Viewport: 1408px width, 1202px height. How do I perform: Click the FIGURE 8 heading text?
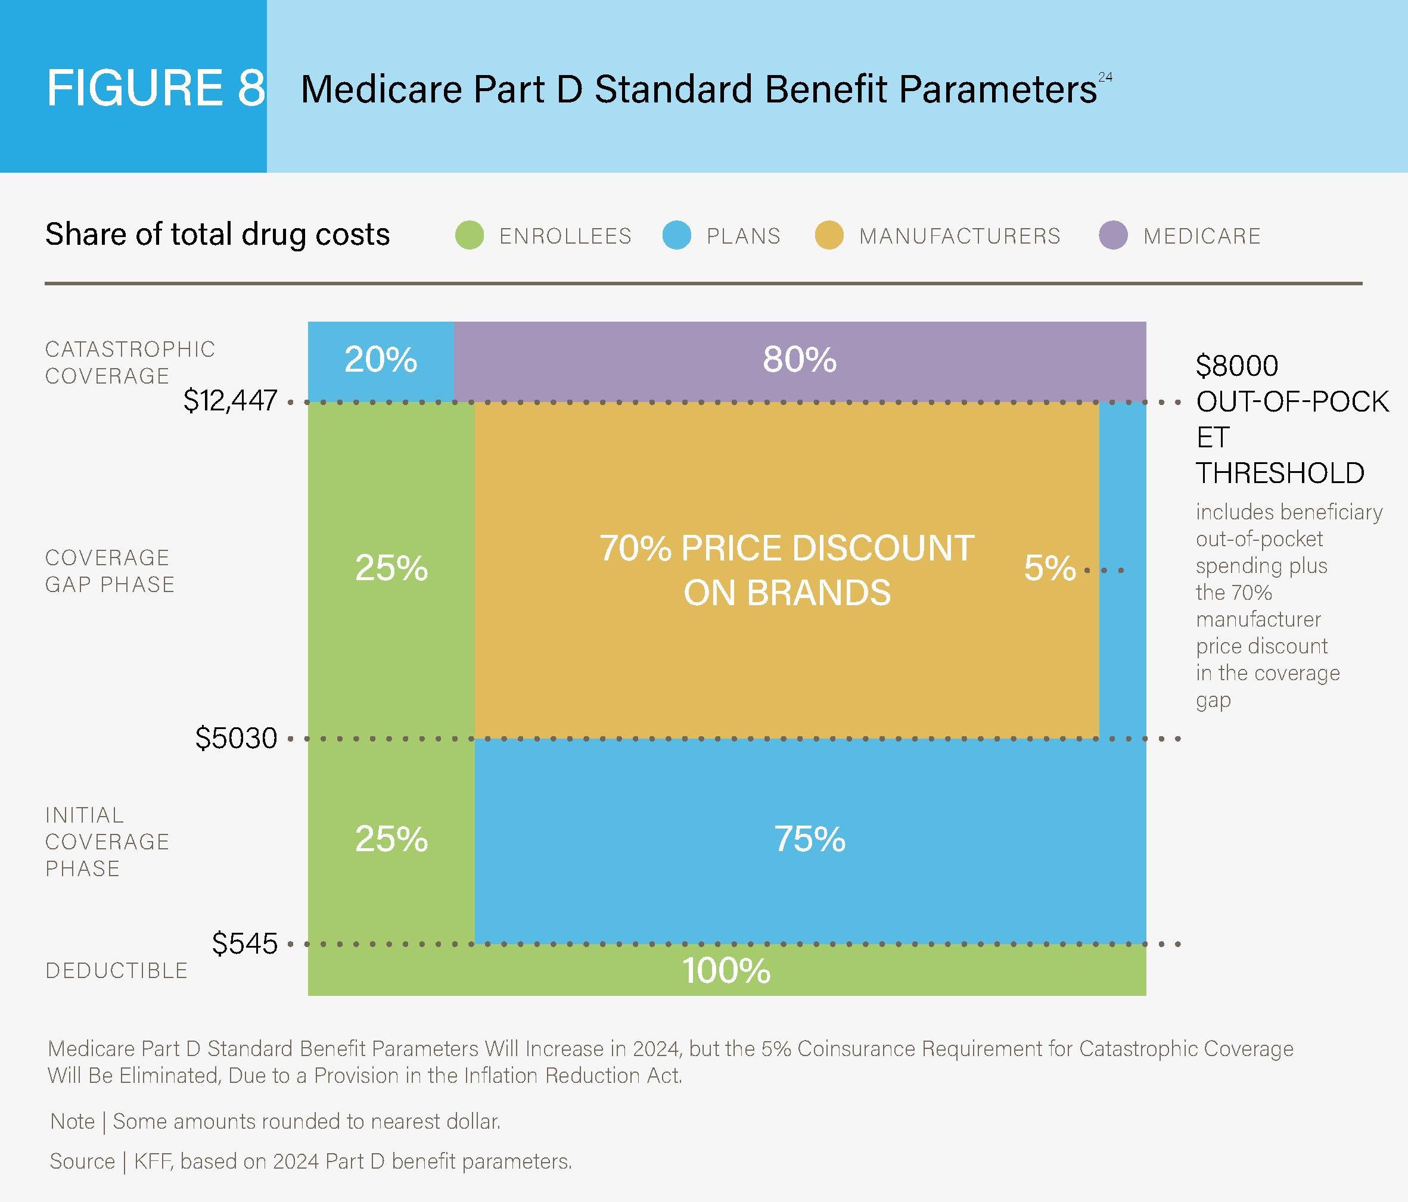pyautogui.click(x=156, y=88)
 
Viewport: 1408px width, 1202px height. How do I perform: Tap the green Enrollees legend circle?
pyautogui.click(x=470, y=235)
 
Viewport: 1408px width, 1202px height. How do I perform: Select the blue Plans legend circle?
pyautogui.click(x=677, y=235)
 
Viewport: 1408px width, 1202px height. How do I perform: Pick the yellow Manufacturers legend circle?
pyautogui.click(x=829, y=235)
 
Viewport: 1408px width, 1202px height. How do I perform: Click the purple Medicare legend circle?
pyautogui.click(x=1113, y=235)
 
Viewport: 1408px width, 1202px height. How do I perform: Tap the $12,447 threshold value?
pyautogui.click(x=231, y=400)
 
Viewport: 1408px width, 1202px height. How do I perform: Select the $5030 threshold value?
pyautogui.click(x=237, y=738)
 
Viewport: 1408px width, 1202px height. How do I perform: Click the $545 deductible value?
pyautogui.click(x=245, y=943)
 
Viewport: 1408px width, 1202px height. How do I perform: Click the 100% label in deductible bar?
pyautogui.click(x=726, y=970)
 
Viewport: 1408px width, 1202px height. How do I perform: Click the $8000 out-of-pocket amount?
pyautogui.click(x=1237, y=366)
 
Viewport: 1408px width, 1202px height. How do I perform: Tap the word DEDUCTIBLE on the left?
pyautogui.click(x=117, y=970)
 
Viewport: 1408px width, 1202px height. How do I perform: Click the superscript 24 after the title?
pyautogui.click(x=1106, y=77)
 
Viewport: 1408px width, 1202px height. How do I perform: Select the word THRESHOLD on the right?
pyautogui.click(x=1280, y=473)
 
